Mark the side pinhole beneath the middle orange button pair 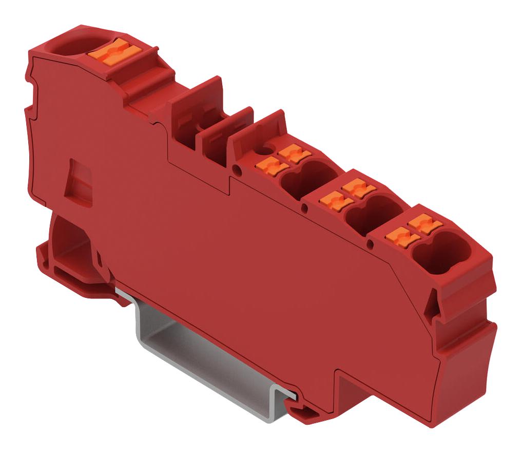click(x=305, y=207)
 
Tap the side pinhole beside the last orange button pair click(x=370, y=242)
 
